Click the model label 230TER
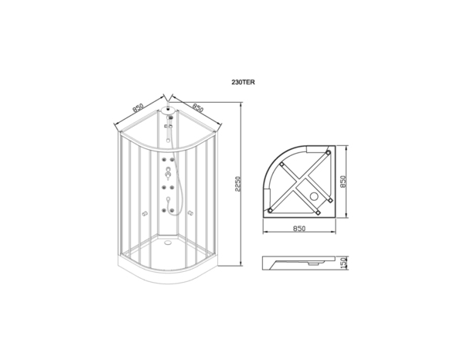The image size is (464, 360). point(243,83)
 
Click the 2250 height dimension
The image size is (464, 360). point(238,184)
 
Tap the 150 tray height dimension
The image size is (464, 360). point(343,263)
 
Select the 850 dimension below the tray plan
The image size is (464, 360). point(299,229)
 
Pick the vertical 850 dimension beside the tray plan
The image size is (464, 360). point(343,182)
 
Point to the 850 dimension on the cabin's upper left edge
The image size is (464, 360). point(138,108)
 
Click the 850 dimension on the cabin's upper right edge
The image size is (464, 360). point(197,107)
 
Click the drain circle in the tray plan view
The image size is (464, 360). point(314,196)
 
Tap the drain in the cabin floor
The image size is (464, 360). point(168,243)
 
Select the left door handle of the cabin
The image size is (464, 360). point(145,213)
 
